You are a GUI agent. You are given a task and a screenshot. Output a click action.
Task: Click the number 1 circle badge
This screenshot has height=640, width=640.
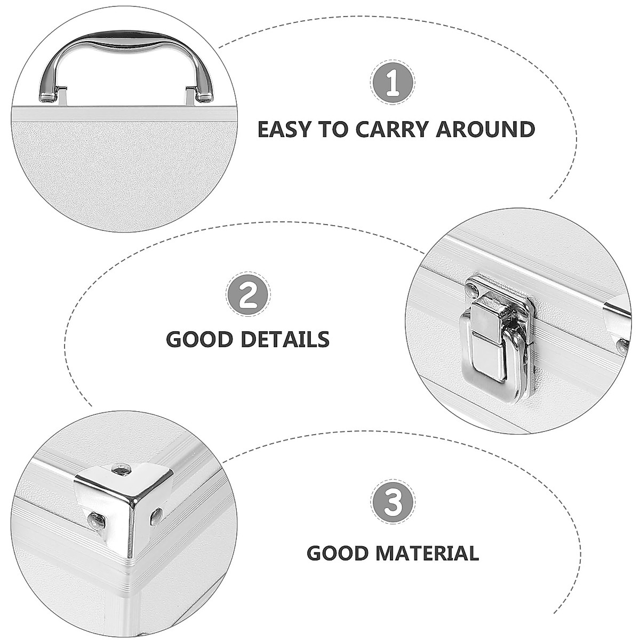[x=393, y=82]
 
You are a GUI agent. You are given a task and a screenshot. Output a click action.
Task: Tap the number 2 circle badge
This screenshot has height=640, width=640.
[x=249, y=294]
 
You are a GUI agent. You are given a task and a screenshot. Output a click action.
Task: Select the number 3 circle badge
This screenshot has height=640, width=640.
[x=393, y=501]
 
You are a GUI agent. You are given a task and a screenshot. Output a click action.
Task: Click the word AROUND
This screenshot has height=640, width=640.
[x=485, y=130]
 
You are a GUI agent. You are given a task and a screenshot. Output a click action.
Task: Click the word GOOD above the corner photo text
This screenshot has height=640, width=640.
[x=338, y=553]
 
